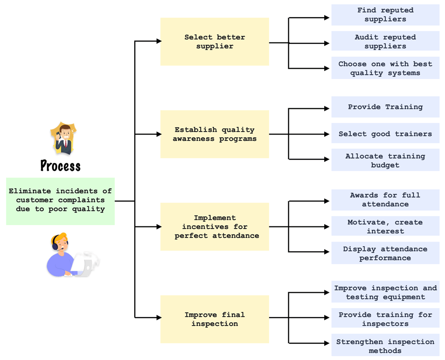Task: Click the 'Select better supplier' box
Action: pyautogui.click(x=215, y=42)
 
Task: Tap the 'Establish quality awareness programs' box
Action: pyautogui.click(x=215, y=134)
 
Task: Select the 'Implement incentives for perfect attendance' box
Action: pyautogui.click(x=215, y=227)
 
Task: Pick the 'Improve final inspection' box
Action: pyautogui.click(x=215, y=319)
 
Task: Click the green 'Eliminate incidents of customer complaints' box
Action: pyautogui.click(x=61, y=201)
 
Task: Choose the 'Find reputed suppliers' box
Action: pyautogui.click(x=385, y=15)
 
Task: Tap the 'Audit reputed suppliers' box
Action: pyautogui.click(x=385, y=41)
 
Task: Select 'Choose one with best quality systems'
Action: pyautogui.click(x=385, y=68)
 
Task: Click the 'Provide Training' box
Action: pyautogui.click(x=385, y=107)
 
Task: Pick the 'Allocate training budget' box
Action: pyautogui.click(x=385, y=160)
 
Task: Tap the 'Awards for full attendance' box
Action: pyautogui.click(x=385, y=200)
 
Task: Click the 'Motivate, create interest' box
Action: pyautogui.click(x=385, y=226)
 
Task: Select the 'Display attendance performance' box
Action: pyautogui.click(x=385, y=253)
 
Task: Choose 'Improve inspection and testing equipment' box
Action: pyautogui.click(x=385, y=292)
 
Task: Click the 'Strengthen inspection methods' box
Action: pyautogui.click(x=385, y=345)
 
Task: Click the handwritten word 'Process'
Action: pyautogui.click(x=61, y=166)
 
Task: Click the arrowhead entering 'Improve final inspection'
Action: pyautogui.click(x=159, y=318)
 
